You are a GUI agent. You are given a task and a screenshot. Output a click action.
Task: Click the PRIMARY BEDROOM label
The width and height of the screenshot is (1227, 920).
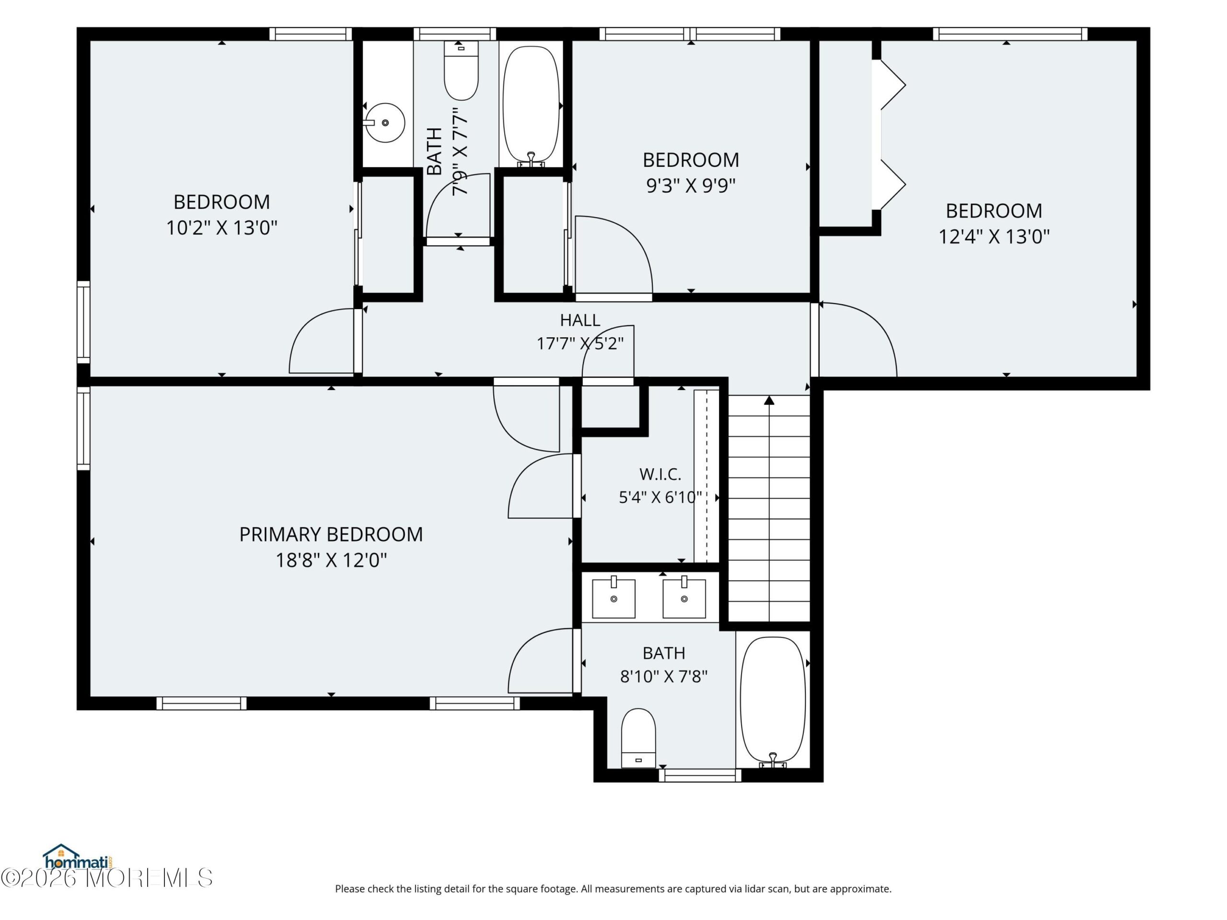[331, 535]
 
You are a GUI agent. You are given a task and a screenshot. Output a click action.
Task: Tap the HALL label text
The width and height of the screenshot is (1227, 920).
[579, 320]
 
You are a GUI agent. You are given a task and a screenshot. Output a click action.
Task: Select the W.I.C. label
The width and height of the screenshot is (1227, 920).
[660, 474]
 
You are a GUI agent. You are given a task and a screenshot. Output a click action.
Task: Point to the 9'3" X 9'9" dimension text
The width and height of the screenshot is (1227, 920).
[691, 186]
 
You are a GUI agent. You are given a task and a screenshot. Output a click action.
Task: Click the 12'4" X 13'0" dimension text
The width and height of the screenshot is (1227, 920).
[994, 237]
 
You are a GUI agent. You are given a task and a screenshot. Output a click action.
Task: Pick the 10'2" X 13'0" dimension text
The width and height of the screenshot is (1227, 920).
[221, 228]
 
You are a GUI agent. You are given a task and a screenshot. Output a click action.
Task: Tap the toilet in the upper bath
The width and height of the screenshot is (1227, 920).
[461, 70]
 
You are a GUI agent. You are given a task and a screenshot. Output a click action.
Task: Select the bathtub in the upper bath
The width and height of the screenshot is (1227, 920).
[532, 106]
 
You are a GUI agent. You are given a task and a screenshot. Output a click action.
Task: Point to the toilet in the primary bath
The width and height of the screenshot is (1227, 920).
[638, 738]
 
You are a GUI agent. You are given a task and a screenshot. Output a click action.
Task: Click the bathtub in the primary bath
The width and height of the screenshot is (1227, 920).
[773, 701]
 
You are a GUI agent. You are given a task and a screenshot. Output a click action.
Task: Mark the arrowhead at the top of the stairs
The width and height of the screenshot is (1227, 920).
[769, 400]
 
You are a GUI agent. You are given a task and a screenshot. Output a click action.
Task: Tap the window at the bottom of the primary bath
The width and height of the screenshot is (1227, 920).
[700, 775]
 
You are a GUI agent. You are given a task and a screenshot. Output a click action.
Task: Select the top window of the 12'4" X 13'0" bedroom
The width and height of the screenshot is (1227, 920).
[1010, 34]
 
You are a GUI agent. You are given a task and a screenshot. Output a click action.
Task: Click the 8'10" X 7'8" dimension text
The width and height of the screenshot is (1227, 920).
[663, 677]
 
